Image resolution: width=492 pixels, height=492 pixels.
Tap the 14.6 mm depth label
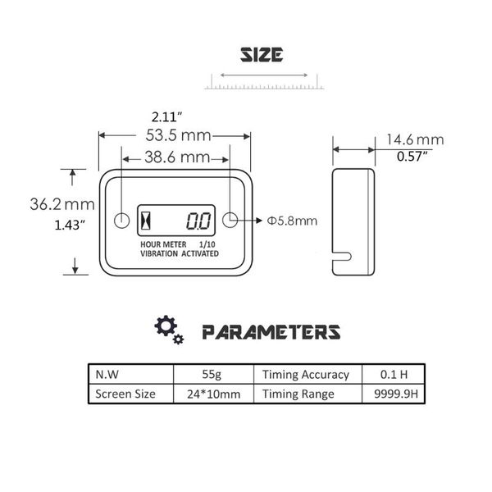[415, 139]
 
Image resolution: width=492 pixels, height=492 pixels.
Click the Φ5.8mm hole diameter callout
[293, 221]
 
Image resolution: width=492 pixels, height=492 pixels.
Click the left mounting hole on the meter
[121, 221]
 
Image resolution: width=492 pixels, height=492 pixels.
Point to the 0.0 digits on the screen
[197, 221]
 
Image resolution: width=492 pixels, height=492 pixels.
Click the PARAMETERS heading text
[271, 332]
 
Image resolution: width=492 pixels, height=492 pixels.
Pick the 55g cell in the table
[212, 375]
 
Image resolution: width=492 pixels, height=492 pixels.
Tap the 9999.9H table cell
[389, 394]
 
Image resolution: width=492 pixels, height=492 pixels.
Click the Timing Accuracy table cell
[305, 375]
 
